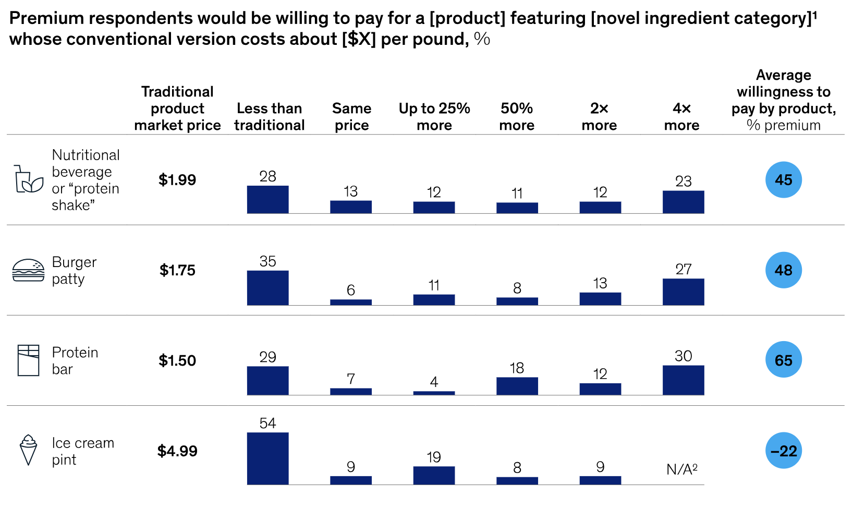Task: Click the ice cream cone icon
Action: coord(28,450)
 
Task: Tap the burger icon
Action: coord(28,270)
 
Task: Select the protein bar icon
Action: coord(28,360)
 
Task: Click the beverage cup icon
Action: coord(28,180)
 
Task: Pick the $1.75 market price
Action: coord(177,270)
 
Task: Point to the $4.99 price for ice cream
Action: coord(177,451)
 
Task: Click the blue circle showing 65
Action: coord(783,360)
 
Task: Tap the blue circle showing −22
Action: coord(783,451)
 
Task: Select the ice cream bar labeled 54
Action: coord(267,458)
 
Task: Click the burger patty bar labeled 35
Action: coord(267,288)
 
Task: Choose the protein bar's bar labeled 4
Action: coord(434,393)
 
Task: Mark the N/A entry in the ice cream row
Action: coord(682,469)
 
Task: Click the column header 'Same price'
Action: coord(351,117)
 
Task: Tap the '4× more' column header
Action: coord(682,117)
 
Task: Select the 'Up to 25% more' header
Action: coord(434,117)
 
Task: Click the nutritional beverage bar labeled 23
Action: coord(683,202)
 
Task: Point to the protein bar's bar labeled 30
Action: coord(683,380)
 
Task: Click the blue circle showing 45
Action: coord(783,180)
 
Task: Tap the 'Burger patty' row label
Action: coord(74,270)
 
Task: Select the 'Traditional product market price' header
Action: coord(177,108)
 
